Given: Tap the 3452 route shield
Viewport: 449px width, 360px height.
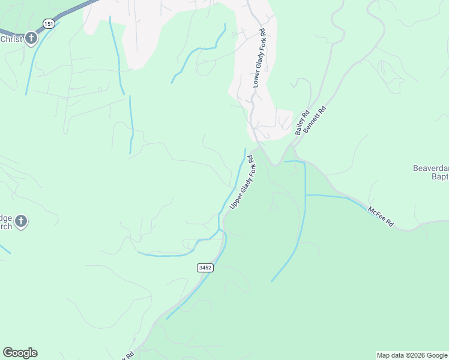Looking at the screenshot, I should point(205,268).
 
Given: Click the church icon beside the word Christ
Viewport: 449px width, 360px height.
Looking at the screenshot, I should point(31,39).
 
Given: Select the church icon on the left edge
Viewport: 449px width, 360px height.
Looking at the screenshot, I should point(21,222).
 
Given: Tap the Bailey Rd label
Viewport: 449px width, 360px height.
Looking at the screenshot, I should point(301,122).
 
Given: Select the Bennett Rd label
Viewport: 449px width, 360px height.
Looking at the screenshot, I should point(315,119).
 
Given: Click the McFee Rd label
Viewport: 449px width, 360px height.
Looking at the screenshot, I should point(381,217).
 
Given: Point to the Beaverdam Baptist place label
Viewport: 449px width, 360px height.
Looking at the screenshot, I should point(431,172).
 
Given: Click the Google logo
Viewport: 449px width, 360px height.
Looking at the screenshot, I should point(20,353).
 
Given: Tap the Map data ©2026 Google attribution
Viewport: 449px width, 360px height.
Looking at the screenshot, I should point(412,355).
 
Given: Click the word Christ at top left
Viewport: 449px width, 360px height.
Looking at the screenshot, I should point(11,39).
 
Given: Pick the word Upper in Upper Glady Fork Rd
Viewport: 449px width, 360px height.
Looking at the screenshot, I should point(235,199).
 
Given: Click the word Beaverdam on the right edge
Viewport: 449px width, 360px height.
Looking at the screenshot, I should point(431,168).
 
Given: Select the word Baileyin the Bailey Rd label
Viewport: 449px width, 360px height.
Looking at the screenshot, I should point(300,125).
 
